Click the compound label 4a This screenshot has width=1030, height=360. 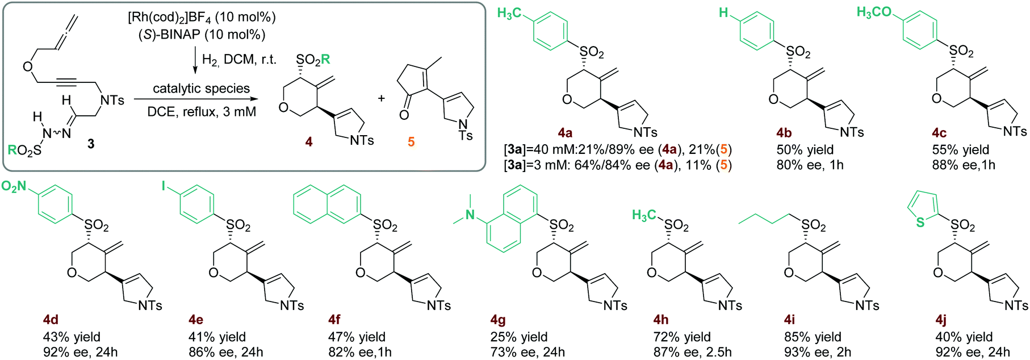click(565, 133)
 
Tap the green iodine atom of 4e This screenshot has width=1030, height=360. click(165, 186)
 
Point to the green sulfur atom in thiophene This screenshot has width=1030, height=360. click(920, 223)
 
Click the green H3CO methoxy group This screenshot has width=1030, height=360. click(874, 12)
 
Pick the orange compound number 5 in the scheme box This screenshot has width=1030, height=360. click(411, 141)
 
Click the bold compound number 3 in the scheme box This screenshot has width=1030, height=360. click(91, 144)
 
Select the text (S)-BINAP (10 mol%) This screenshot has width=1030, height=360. click(202, 35)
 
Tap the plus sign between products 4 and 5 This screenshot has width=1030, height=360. click(381, 98)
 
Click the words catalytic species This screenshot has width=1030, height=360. click(201, 88)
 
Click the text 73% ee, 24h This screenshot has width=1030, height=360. click(527, 352)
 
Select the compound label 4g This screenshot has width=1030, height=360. click(497, 320)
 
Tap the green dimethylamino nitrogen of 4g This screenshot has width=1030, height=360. click(470, 214)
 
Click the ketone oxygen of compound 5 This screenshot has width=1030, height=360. click(404, 115)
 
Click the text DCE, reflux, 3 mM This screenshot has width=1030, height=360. click(202, 112)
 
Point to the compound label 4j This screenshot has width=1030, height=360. click(941, 320)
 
